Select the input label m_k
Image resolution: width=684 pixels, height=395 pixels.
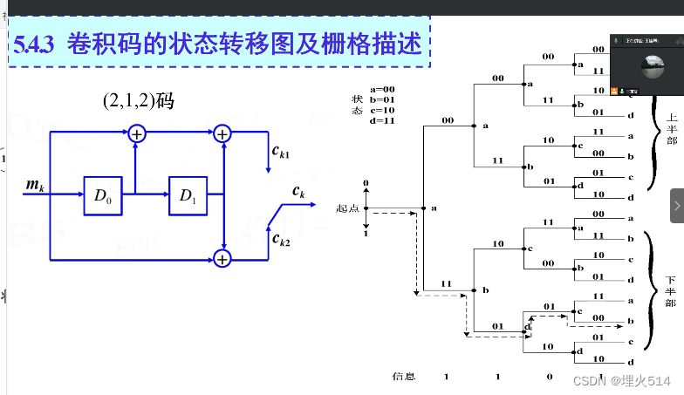pos(36,184)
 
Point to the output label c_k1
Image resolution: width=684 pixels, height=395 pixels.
pos(281,153)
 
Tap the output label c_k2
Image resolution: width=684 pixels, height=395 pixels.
pos(280,238)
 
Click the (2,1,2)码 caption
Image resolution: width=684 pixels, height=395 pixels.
pos(138,102)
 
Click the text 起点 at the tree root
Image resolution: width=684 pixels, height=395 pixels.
pos(347,209)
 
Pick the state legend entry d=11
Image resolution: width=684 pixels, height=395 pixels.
pos(383,120)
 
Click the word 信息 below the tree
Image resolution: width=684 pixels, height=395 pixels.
pos(403,377)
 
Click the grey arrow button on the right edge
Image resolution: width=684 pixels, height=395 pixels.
pos(677,206)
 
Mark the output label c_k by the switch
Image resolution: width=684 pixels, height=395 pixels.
pos(298,191)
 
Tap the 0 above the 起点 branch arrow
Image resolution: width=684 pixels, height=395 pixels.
pos(366,184)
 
